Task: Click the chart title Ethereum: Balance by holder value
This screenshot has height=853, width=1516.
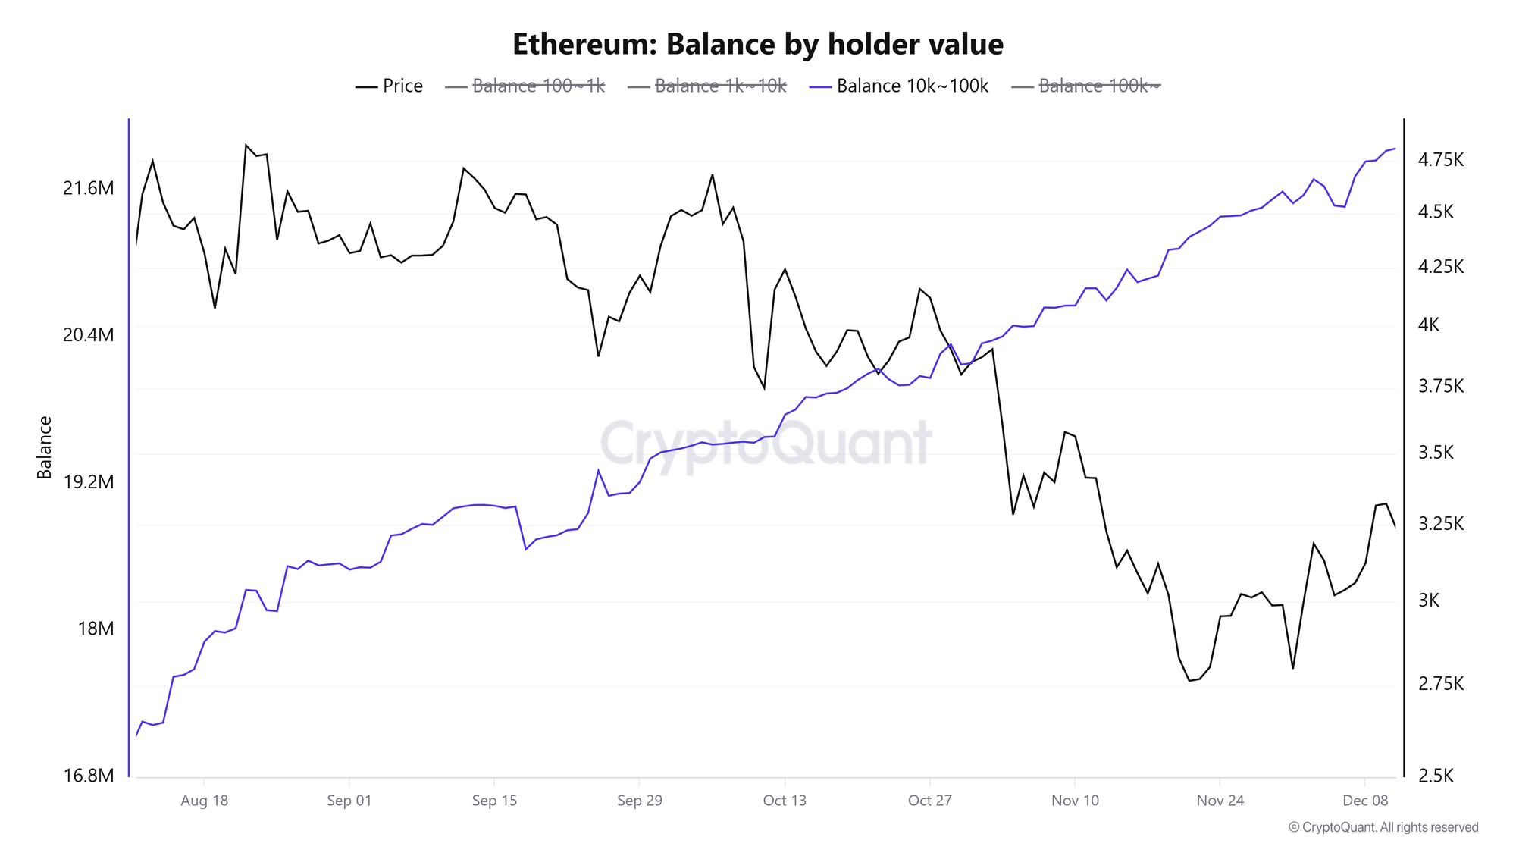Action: click(758, 45)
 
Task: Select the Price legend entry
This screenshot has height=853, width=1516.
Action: click(390, 86)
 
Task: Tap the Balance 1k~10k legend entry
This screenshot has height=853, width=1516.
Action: click(708, 86)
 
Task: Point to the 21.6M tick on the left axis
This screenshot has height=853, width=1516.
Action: click(88, 188)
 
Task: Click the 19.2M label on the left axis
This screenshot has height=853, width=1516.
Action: click(88, 482)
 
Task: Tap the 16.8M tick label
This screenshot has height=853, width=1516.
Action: click(88, 776)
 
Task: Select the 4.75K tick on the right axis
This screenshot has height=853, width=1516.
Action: click(1440, 160)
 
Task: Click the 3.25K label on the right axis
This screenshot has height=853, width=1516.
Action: click(1440, 524)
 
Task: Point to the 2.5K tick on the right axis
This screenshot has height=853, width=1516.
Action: click(1436, 776)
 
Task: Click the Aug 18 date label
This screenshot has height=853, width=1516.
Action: click(204, 801)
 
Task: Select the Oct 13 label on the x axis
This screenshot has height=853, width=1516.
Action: click(785, 801)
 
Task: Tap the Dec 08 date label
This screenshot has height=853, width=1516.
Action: click(1364, 801)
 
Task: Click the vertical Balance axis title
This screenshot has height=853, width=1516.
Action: click(45, 447)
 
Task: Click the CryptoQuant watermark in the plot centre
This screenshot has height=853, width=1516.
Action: click(766, 444)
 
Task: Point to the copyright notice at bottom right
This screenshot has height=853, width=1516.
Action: click(1383, 827)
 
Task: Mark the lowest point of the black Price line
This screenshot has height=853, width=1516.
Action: click(1190, 680)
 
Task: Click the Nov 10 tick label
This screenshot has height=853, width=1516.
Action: click(1075, 801)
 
